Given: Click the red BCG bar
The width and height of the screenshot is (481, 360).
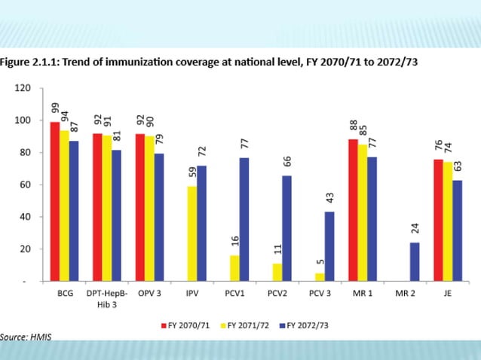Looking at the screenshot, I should coord(54,201).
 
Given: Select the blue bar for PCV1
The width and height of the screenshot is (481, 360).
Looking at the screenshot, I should coord(244,219).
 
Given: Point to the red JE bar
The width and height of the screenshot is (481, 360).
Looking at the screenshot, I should coord(438,220).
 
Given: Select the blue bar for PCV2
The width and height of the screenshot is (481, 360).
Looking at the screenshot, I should coord(288,228).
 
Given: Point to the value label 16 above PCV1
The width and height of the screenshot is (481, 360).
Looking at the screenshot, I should coord(235,241).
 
